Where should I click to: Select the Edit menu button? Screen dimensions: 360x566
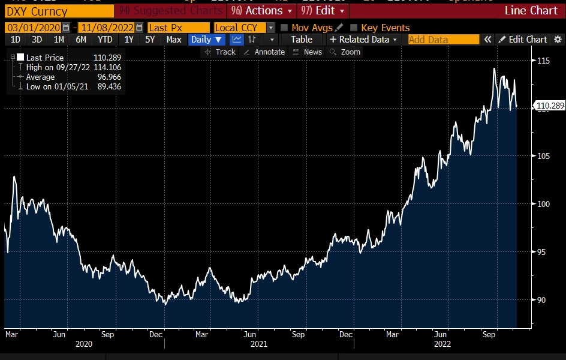323,11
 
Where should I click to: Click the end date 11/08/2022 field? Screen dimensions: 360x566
106,28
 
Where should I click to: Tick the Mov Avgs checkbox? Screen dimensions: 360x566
284,28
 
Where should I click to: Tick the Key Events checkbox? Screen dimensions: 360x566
354,28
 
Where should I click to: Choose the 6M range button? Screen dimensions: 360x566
80,40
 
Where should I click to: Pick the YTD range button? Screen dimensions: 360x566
104,40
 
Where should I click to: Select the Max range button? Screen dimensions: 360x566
174,40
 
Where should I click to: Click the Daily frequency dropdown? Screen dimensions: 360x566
206,40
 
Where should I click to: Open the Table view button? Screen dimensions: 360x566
302,40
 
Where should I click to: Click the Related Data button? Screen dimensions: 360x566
363,40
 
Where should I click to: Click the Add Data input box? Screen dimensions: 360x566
443,40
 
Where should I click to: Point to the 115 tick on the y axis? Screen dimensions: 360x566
543,61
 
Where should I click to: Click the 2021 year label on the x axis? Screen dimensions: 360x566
258,344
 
